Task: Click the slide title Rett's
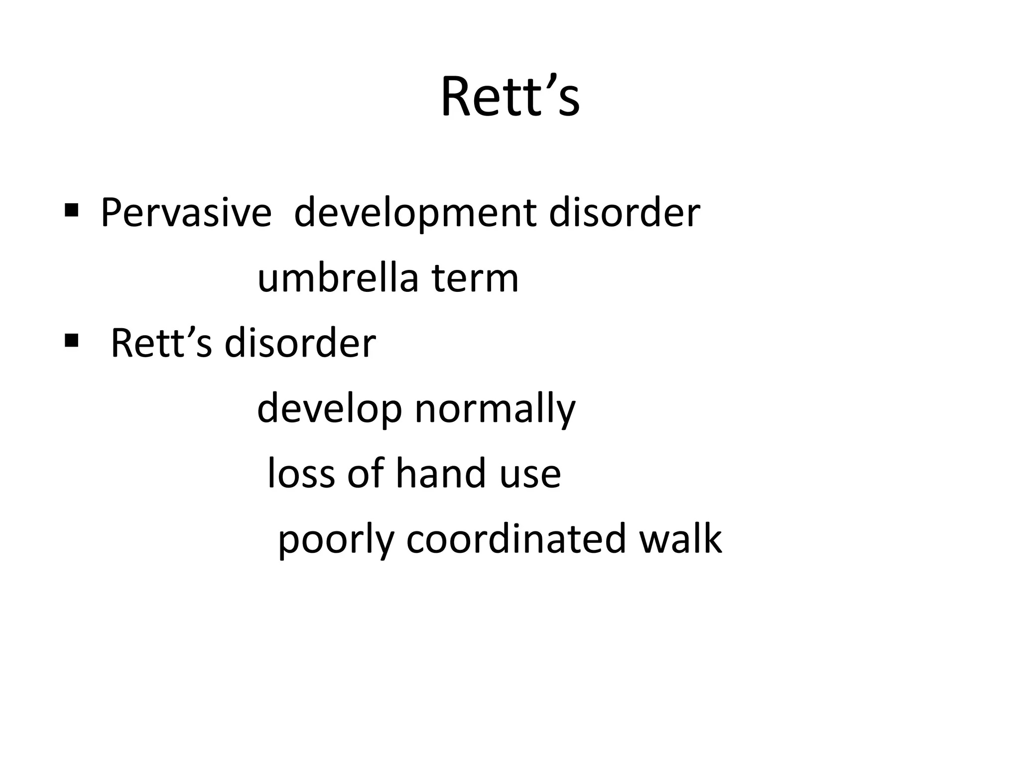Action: coord(510,97)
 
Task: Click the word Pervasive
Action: coord(186,213)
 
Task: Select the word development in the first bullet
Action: coord(415,213)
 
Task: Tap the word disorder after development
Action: coord(625,213)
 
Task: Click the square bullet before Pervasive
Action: coord(71,210)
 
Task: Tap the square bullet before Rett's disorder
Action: coord(71,341)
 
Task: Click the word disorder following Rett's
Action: coord(300,344)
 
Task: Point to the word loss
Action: coord(301,473)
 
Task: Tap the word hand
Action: coord(441,473)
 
